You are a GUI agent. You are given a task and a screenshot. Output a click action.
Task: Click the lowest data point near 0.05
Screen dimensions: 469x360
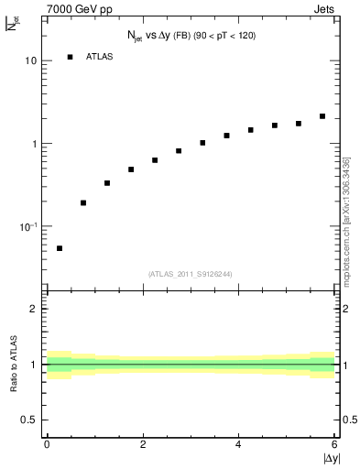[x=60, y=248]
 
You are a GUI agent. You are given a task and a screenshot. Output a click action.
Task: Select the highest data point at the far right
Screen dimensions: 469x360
[x=322, y=116]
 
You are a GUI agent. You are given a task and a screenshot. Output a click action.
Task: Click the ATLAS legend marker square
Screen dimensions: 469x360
[x=71, y=57]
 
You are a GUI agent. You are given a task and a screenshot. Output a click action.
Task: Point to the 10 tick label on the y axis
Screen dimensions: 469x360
[x=30, y=60]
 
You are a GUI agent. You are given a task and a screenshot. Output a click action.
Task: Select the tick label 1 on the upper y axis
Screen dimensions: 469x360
[x=34, y=144]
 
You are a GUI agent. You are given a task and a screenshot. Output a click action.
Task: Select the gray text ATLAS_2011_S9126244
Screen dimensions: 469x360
[x=190, y=274]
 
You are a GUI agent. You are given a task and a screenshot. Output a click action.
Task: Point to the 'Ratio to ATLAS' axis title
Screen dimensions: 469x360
[x=16, y=365]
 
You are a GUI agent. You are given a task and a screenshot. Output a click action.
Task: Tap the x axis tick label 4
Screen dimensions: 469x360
[x=239, y=444]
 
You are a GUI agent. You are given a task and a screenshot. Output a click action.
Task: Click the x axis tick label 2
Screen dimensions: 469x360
[x=143, y=444]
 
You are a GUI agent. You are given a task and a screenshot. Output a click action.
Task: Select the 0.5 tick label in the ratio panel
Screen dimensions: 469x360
[x=28, y=420]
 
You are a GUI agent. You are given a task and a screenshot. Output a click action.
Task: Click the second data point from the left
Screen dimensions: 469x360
[x=83, y=202]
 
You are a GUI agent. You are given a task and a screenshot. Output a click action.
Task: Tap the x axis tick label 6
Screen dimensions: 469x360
[x=334, y=444]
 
